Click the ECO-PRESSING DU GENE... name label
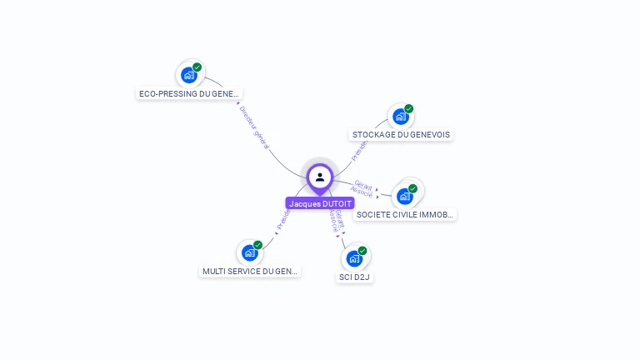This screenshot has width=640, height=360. [189, 93]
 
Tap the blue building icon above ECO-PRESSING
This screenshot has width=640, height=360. [189, 75]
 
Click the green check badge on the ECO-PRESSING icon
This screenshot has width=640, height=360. [197, 67]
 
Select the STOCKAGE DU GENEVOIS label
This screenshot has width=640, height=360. [401, 134]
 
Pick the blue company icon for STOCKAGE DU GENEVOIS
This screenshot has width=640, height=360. [401, 117]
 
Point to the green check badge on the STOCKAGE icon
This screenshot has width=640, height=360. [409, 109]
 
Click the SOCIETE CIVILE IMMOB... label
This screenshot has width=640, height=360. [405, 214]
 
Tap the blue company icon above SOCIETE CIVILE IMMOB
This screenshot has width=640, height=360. [405, 197]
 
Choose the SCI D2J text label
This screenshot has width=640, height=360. [355, 276]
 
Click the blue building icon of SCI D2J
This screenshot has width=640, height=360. [354, 258]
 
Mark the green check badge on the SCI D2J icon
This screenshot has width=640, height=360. [362, 251]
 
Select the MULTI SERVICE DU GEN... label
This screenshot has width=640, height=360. [250, 271]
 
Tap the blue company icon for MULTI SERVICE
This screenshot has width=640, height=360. [249, 252]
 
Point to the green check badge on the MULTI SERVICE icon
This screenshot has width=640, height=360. [258, 245]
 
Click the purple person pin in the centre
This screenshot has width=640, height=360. [320, 177]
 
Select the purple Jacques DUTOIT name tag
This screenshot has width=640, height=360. [320, 203]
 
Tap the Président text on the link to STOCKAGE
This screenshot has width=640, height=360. [360, 149]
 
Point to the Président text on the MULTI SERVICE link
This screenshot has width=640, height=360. [283, 218]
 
